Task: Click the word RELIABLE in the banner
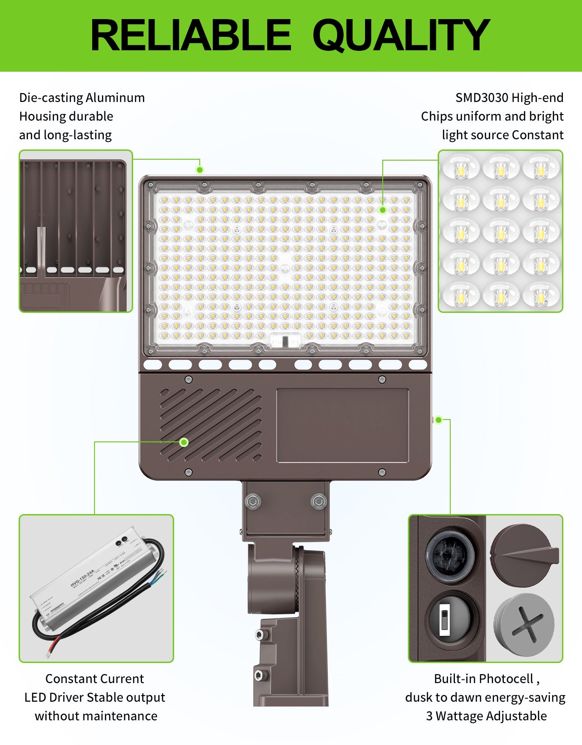[191, 35]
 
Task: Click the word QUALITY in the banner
[401, 35]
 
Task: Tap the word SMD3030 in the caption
[481, 98]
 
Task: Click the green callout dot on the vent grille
[184, 442]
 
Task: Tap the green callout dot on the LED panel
[382, 210]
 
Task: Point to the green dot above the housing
[200, 169]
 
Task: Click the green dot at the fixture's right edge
[438, 420]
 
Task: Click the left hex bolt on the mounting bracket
[252, 501]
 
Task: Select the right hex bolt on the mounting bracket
[318, 501]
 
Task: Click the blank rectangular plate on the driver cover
[343, 426]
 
